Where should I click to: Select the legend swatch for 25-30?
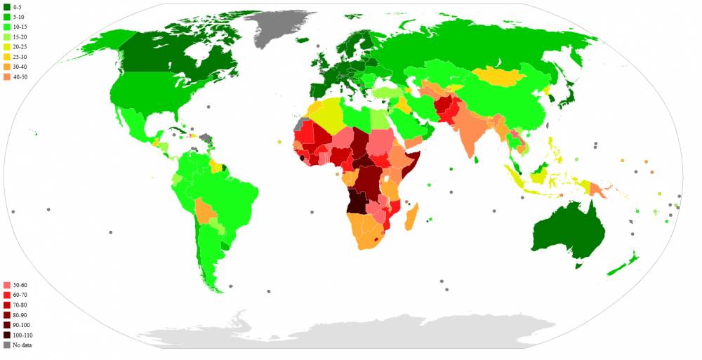[7, 56]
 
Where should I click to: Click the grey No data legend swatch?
[7, 345]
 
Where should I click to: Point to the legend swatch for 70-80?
[7, 305]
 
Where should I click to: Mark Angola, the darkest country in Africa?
[357, 200]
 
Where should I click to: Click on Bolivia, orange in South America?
[206, 211]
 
